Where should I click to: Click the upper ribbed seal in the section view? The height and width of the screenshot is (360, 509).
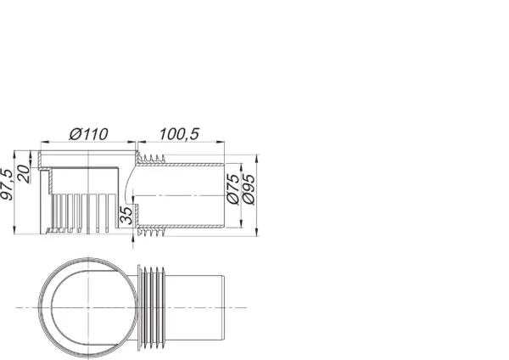[x=153, y=160]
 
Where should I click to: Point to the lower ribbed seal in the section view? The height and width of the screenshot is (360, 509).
[x=153, y=230]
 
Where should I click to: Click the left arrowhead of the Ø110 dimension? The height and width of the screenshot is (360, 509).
[x=42, y=141]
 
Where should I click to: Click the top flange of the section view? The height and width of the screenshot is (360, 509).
[x=85, y=154]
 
